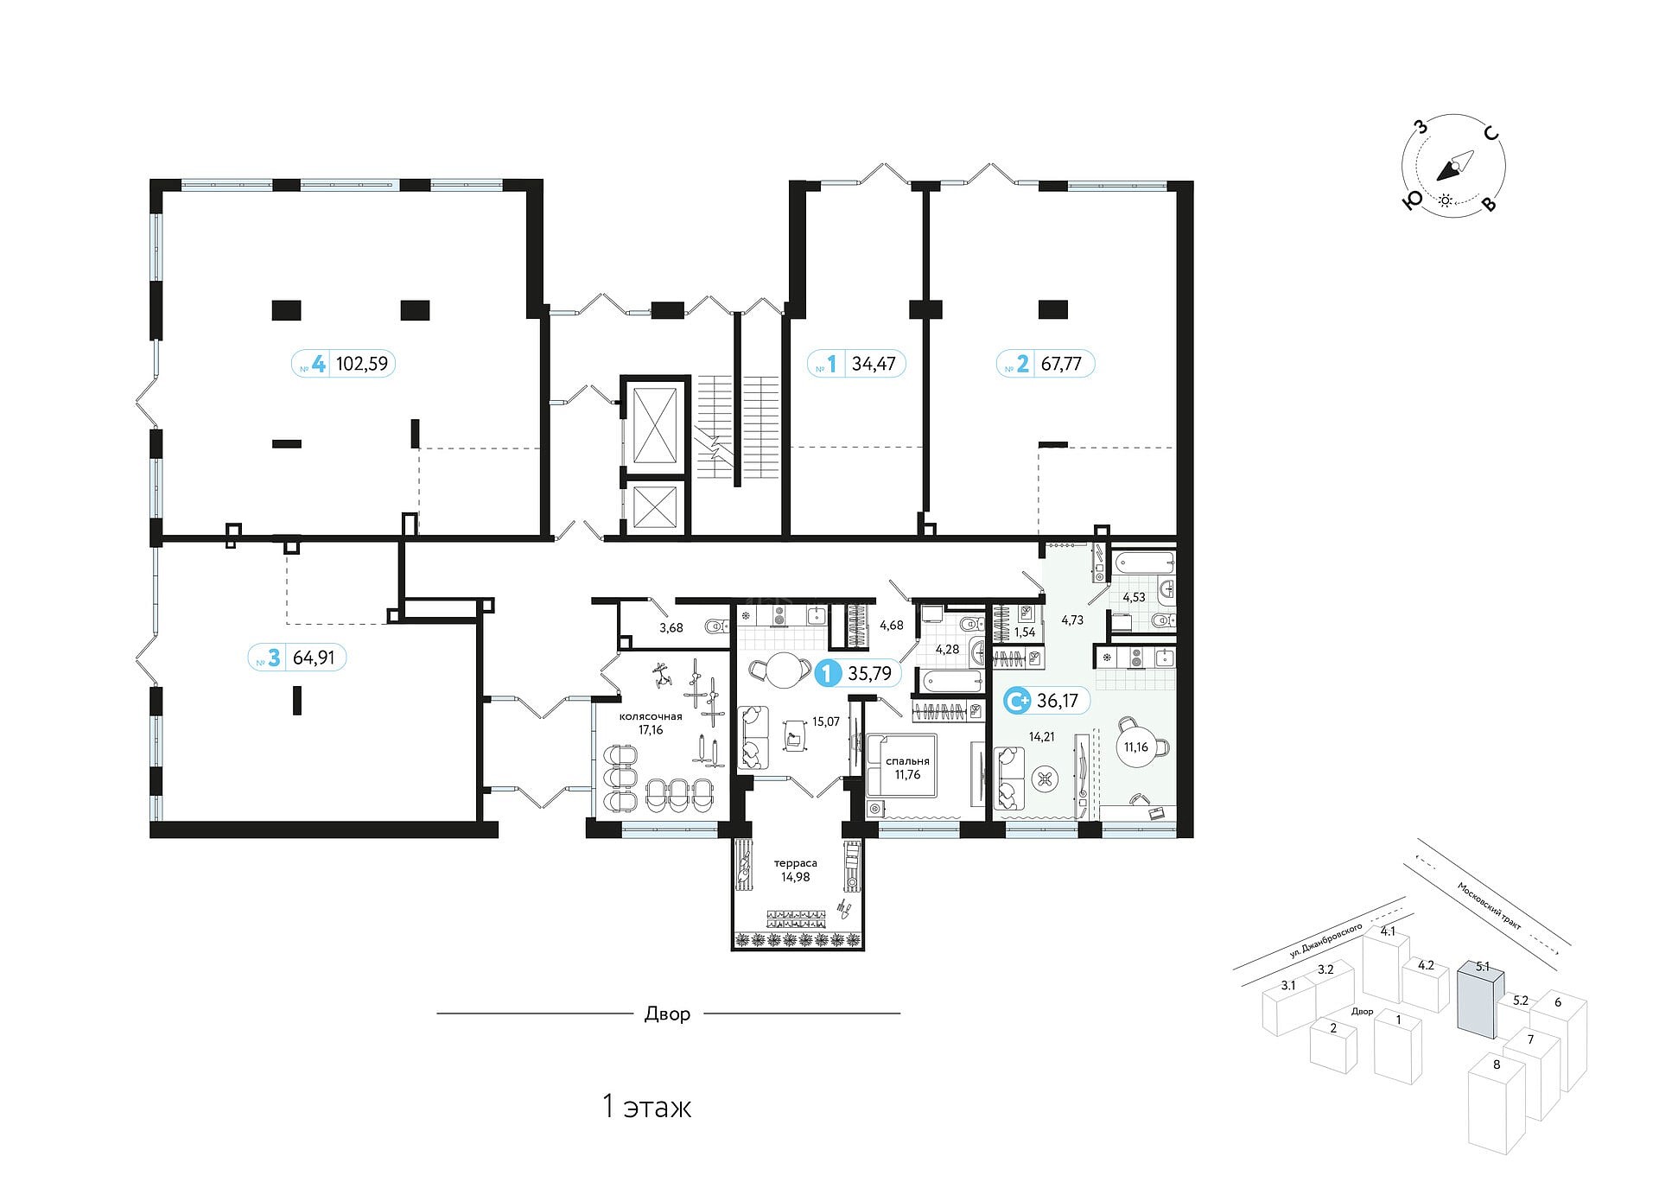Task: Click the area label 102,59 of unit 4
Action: point(362,364)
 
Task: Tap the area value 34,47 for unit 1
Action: point(874,364)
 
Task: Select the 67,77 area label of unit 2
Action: point(1061,364)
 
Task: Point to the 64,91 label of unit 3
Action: point(314,658)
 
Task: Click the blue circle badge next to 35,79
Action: point(828,672)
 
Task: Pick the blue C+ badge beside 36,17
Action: point(1017,700)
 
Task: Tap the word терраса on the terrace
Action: point(795,863)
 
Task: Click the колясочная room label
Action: point(651,716)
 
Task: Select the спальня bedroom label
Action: point(907,761)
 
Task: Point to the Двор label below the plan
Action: point(667,1014)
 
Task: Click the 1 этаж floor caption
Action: point(646,1107)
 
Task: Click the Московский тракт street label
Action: point(1489,906)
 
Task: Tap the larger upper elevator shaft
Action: point(655,425)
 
